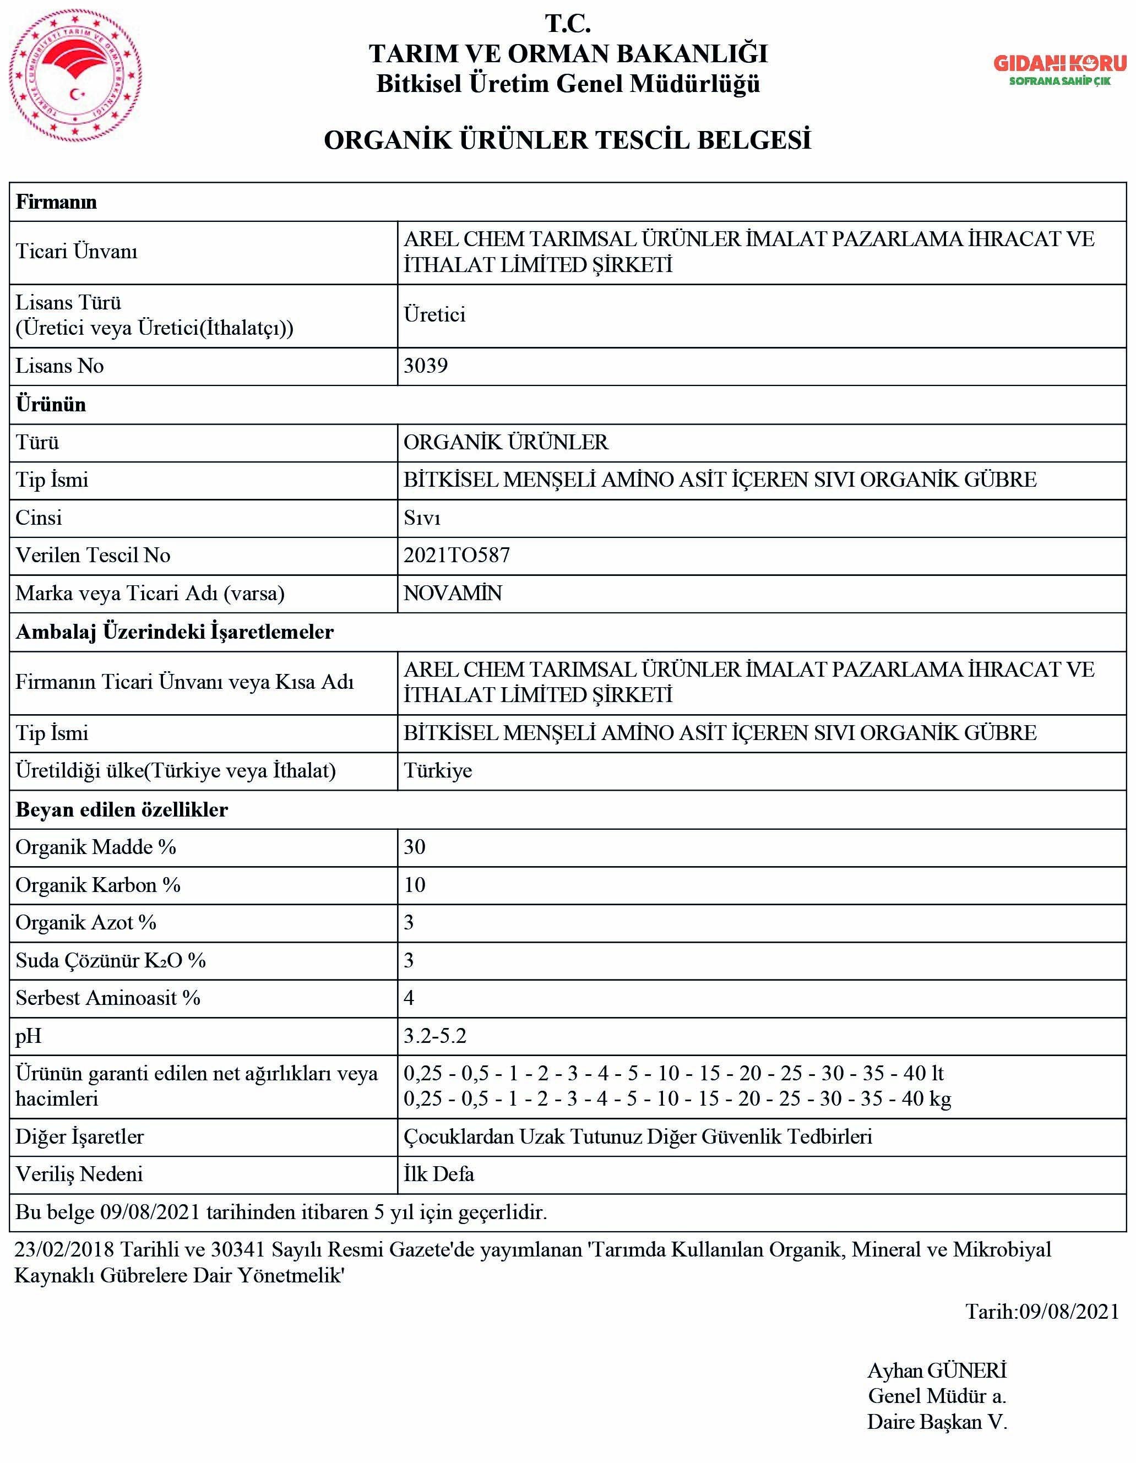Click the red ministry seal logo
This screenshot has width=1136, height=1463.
coord(75,75)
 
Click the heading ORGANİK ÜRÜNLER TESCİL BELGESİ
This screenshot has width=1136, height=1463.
coord(567,140)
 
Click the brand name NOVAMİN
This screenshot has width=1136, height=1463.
coord(452,593)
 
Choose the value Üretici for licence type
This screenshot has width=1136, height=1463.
coord(434,315)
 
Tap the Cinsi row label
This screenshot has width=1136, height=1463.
coord(39,518)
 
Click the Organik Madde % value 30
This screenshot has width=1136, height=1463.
coord(414,847)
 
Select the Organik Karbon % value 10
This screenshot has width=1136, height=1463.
coord(414,885)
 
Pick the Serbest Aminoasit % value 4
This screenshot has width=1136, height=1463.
coord(409,998)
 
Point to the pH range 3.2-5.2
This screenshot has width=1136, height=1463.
coord(434,1036)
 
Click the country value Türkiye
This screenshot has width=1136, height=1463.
coord(437,771)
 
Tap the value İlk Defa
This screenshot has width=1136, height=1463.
coord(439,1174)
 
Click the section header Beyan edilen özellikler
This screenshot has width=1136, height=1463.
coord(121,810)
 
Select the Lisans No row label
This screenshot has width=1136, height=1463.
coord(59,366)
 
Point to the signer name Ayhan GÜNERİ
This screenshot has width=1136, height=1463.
coord(937,1370)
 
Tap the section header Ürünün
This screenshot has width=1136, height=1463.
coord(51,405)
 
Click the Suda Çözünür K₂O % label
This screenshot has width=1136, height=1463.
coord(111,961)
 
